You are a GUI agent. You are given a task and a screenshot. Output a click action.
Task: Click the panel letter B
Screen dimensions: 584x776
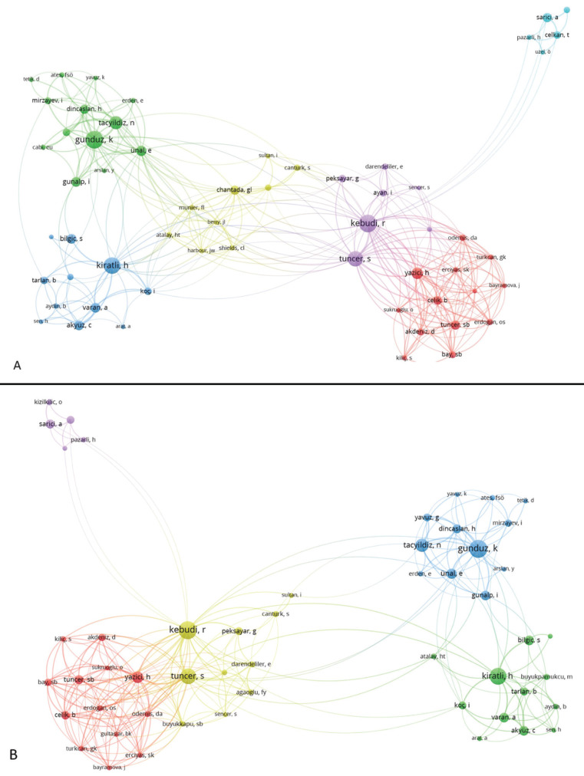click(14, 755)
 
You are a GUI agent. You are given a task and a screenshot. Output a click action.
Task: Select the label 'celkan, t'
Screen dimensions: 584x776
click(557, 35)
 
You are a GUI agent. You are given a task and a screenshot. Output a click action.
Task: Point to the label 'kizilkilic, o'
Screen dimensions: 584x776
click(48, 402)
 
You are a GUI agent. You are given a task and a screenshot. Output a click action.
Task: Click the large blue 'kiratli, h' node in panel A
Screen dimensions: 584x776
click(112, 266)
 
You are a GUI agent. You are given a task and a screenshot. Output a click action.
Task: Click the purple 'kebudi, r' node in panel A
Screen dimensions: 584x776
click(368, 223)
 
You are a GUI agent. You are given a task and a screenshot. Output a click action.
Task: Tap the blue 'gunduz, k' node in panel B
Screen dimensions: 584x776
click(478, 548)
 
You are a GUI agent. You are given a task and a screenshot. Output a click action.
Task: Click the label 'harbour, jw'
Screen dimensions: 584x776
click(201, 250)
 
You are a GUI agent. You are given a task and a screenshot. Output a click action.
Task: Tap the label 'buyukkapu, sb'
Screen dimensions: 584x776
click(184, 723)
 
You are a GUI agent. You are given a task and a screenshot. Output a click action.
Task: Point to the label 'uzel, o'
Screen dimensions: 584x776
click(543, 51)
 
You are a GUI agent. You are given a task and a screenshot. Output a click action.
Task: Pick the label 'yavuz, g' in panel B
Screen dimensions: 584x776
click(426, 518)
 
